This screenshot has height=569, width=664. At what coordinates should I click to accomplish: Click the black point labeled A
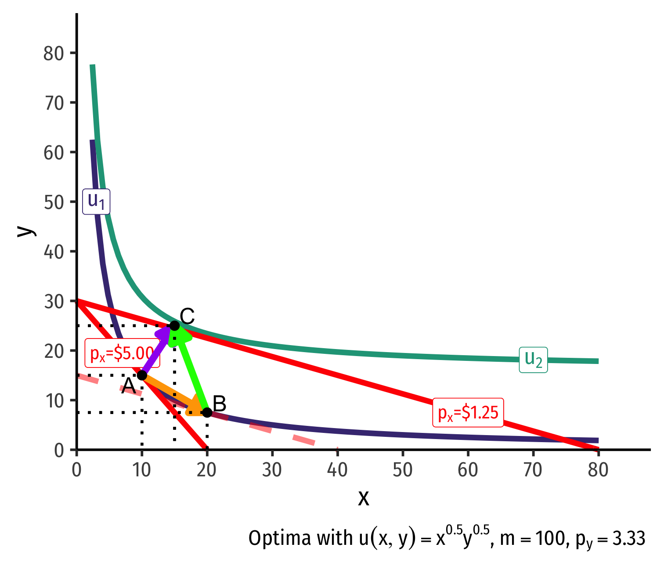point(142,375)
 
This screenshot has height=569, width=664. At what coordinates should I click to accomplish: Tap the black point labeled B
point(207,413)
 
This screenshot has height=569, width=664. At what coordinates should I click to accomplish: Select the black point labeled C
point(174,326)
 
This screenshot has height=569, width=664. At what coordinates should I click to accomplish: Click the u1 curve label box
point(96,202)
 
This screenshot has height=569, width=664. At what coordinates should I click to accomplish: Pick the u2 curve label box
point(533,360)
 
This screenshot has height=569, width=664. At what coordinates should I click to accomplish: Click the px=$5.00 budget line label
point(122,353)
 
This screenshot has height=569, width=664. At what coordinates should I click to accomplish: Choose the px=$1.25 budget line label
point(468,413)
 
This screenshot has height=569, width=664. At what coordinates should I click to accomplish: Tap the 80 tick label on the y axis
point(54,54)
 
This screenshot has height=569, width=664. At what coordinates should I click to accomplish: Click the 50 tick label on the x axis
point(403,470)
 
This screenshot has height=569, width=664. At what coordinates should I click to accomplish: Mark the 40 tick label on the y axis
point(54,252)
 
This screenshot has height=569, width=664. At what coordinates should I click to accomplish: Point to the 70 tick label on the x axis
point(533,470)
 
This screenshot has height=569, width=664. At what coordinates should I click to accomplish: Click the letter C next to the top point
point(187,316)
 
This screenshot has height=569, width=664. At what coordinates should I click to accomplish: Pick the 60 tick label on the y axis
point(54,153)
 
